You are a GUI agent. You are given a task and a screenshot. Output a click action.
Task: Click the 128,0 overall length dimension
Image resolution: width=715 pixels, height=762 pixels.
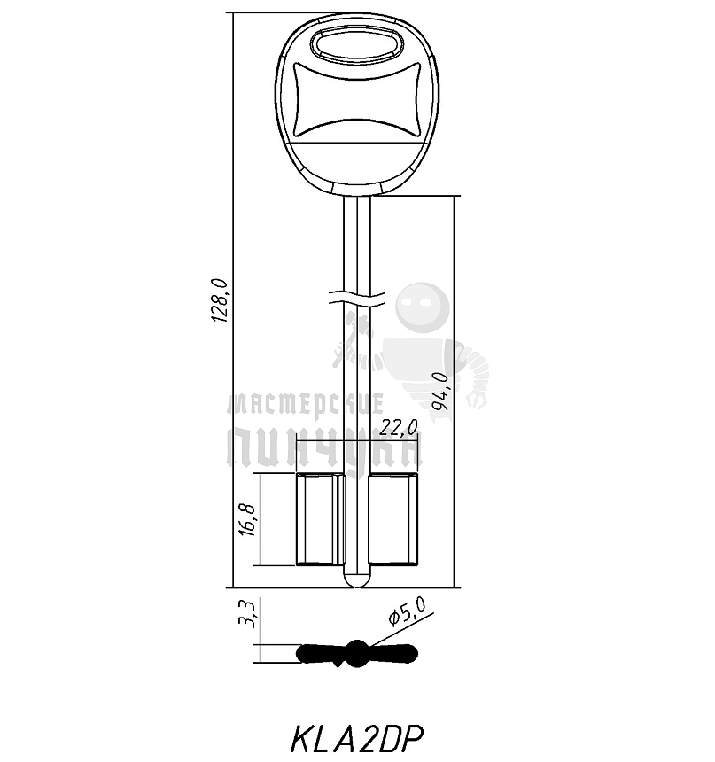[220, 300]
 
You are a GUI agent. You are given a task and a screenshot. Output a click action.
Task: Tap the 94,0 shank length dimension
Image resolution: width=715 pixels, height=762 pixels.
[440, 392]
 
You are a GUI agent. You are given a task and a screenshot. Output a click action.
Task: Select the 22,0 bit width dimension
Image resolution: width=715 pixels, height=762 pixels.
[399, 427]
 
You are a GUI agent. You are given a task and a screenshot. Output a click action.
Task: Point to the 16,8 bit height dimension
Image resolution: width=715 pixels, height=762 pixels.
[246, 519]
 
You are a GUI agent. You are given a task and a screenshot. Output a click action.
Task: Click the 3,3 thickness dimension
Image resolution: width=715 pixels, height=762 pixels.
[248, 615]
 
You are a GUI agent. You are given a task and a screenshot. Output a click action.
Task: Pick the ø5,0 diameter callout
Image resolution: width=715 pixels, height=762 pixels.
[408, 610]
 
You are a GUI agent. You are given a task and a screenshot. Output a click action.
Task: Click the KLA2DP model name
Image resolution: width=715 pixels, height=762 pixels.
[357, 739]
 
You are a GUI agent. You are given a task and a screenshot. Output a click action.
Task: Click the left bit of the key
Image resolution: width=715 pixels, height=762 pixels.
[319, 519]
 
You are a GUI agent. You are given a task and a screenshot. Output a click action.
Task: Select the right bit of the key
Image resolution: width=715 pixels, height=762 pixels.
[393, 519]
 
